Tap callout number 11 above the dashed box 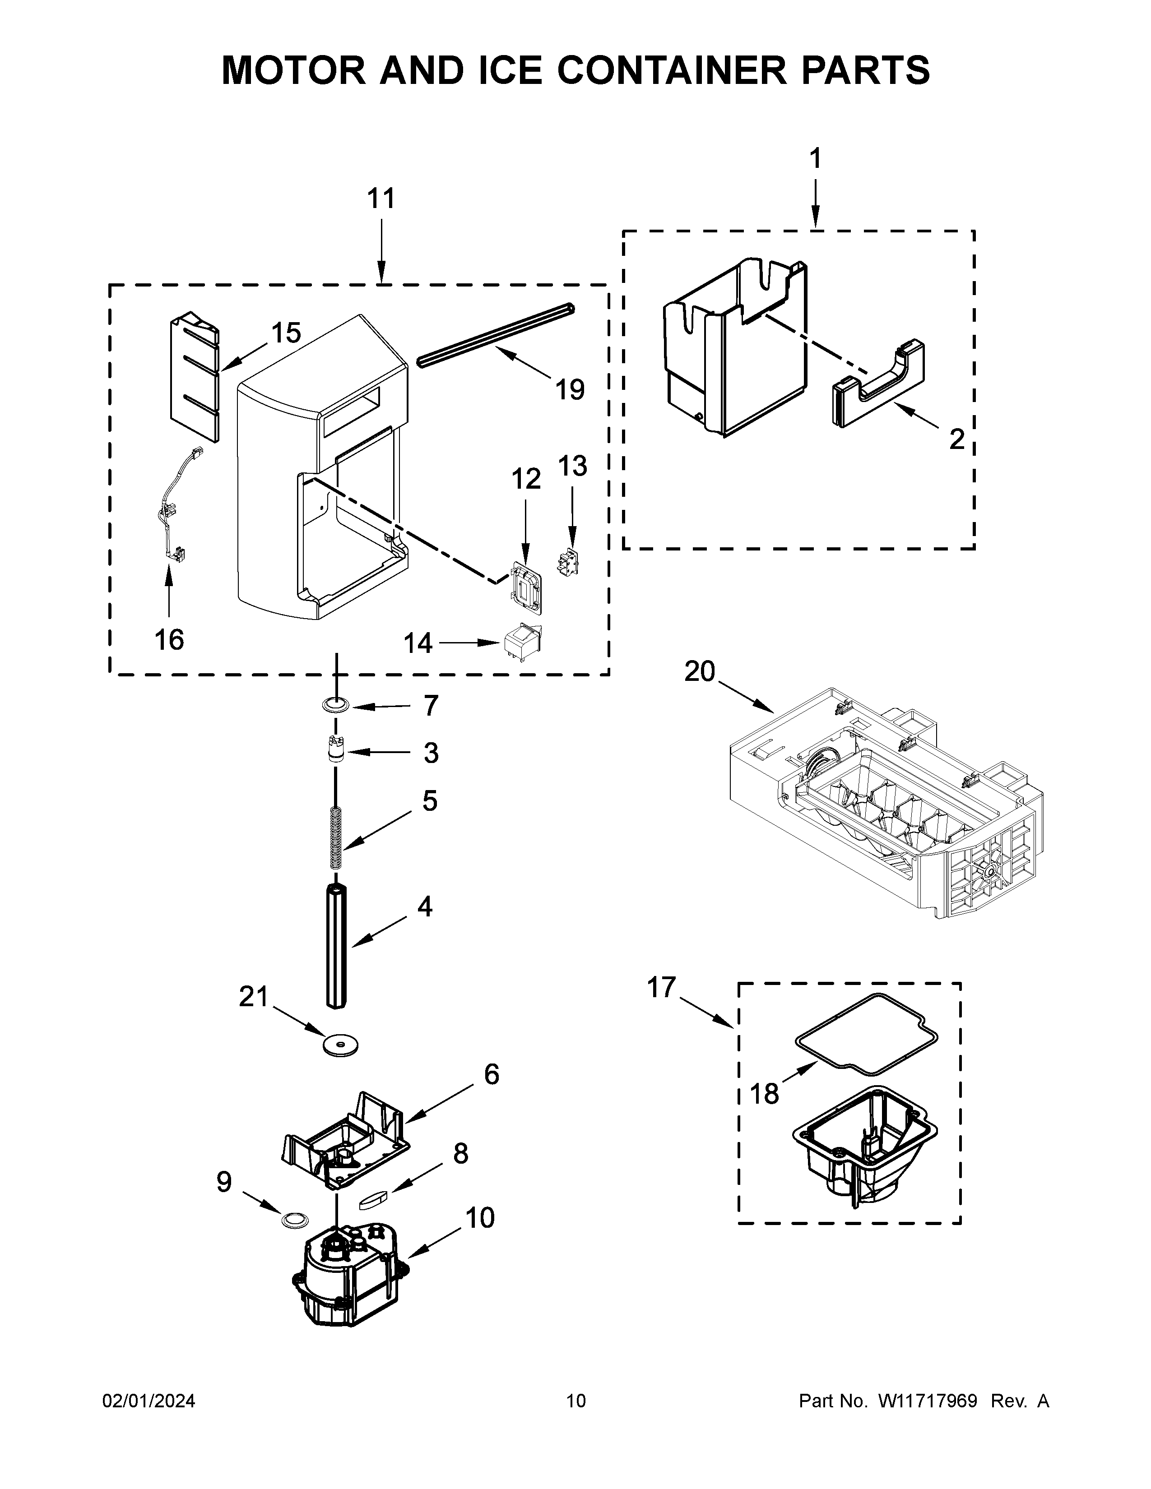coord(381,199)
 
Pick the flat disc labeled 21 coord(341,1045)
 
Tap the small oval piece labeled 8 coord(373,1198)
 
